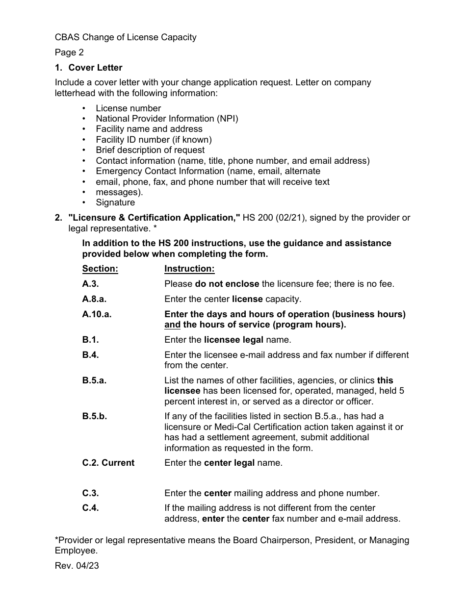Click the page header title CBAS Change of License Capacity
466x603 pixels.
pos(126,37)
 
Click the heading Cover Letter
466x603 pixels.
pos(95,68)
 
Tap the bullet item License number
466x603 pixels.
pos(128,108)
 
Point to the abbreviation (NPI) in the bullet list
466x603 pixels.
pos(228,119)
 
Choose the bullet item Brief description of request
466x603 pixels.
pos(150,150)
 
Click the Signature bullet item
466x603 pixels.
pos(115,202)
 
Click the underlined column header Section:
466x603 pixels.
pos(100,269)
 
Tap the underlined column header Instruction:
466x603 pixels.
pos(189,269)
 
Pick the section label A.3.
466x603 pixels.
pos(90,284)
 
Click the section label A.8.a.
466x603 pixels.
pos(94,299)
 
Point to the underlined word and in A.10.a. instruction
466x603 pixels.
pos(172,325)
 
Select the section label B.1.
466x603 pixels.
pos(90,340)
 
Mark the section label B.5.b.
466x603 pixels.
pos(95,416)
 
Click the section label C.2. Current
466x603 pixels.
pos(108,463)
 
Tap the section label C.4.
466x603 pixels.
pos(90,508)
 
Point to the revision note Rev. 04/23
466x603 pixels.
pos(77,566)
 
